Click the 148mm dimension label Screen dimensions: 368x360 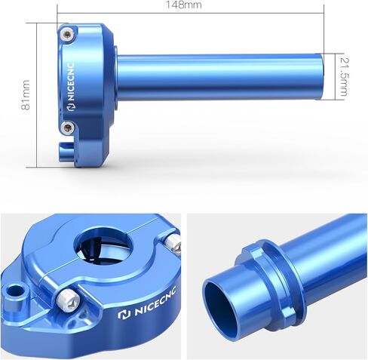pyautogui.click(x=184, y=5)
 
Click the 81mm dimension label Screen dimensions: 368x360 pyautogui.click(x=26, y=95)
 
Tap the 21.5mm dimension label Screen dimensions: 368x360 pyautogui.click(x=344, y=77)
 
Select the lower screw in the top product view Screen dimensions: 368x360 pyautogui.click(x=68, y=128)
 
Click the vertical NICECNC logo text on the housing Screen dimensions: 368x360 pyautogui.click(x=72, y=82)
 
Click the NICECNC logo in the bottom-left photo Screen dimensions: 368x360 pyautogui.click(x=147, y=303)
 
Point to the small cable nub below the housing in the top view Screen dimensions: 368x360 pyautogui.click(x=65, y=152)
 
